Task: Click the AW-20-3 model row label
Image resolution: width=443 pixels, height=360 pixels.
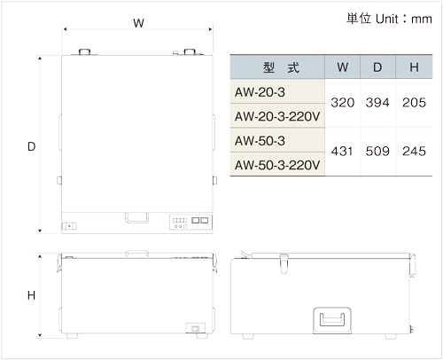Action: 260,92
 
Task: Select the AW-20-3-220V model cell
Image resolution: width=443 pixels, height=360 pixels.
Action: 277,116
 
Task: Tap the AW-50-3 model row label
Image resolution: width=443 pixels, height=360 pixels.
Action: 260,141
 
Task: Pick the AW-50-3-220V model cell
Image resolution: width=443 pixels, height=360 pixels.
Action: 277,165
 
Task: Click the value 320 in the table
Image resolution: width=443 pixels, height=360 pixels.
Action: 343,103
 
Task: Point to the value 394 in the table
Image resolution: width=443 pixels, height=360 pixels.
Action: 377,103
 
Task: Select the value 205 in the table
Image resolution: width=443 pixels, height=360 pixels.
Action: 414,103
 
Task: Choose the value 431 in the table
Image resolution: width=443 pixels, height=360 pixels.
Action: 342,152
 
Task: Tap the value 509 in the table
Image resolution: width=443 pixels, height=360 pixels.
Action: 377,152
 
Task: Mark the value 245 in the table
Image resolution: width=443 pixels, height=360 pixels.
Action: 414,152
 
